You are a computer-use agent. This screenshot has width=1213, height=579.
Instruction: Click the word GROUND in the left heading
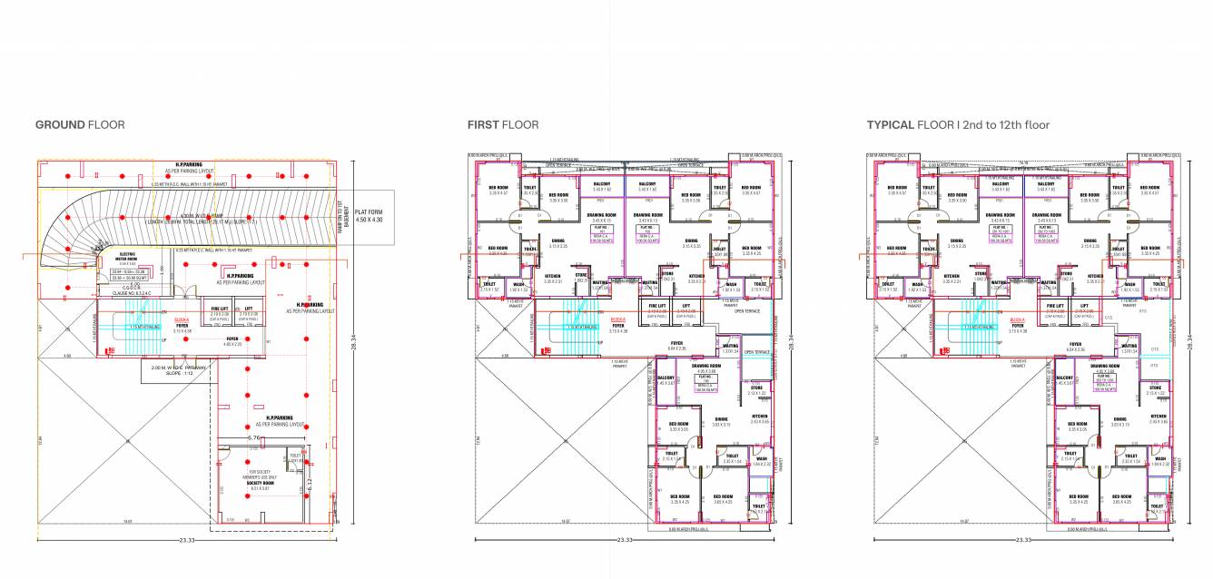pos(59,125)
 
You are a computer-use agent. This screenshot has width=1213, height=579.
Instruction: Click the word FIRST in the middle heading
pos(482,125)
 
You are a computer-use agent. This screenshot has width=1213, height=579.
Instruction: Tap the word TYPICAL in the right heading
pos(889,125)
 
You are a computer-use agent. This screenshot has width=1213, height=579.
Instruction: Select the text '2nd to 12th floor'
pos(1005,125)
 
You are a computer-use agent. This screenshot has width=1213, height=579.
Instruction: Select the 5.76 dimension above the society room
pos(254,439)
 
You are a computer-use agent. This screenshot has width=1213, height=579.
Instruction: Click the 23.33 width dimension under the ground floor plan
pos(188,540)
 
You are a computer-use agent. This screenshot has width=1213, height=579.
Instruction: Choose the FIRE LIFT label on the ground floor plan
pos(219,309)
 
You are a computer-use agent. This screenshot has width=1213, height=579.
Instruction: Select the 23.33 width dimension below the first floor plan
pos(623,540)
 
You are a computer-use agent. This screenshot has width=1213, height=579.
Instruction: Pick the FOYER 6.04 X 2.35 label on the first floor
pos(676,346)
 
